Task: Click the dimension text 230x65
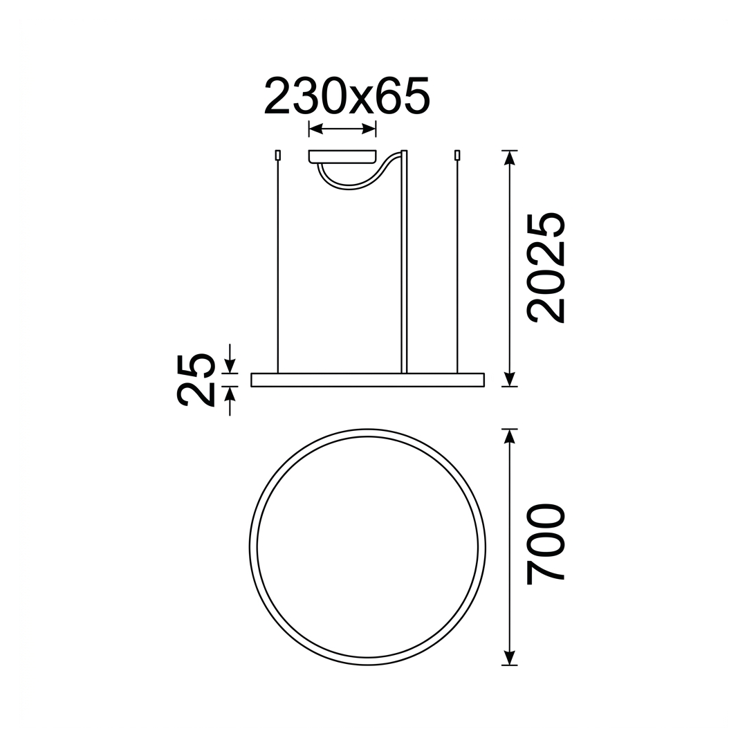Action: [347, 96]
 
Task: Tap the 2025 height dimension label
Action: [545, 268]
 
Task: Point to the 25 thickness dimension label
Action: [195, 380]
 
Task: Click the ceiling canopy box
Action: [342, 157]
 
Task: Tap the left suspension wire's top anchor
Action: [277, 156]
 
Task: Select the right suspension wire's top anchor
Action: [457, 156]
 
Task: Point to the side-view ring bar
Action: [367, 380]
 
